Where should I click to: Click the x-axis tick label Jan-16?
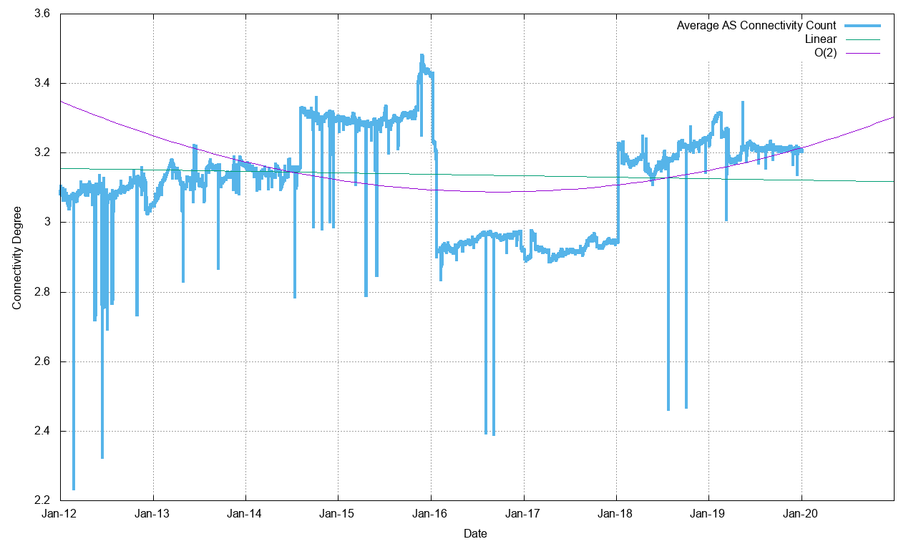431,513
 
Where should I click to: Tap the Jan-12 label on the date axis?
61,513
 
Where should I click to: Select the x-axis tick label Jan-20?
801,513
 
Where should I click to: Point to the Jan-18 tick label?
616,513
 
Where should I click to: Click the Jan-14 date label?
245,513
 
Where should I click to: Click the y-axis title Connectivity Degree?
16,258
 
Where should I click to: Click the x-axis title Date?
475,533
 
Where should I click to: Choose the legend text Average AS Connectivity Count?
756,26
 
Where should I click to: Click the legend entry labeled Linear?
821,39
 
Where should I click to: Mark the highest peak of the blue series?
422,55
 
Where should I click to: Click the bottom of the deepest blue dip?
74,490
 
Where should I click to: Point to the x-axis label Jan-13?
153,513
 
